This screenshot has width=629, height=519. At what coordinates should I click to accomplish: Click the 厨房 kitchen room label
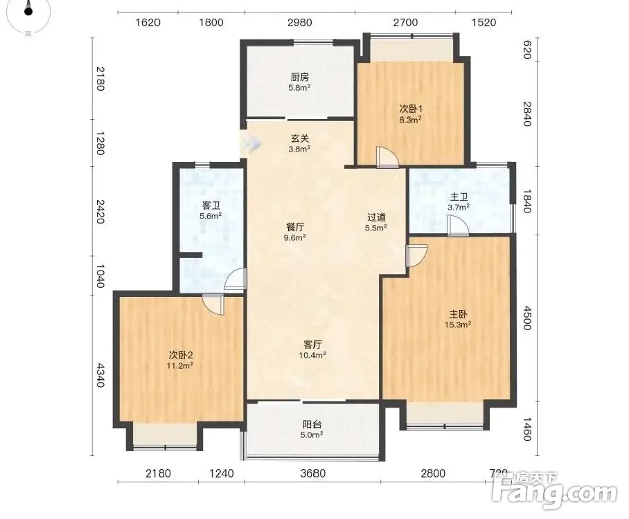point(300,77)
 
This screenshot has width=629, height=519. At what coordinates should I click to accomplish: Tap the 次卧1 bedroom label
point(410,109)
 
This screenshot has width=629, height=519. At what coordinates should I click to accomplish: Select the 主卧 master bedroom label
point(458,314)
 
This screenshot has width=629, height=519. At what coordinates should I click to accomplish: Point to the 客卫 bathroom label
point(211,206)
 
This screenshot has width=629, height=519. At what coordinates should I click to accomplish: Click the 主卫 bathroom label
point(459,197)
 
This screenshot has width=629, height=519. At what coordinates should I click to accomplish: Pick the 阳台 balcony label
point(312,424)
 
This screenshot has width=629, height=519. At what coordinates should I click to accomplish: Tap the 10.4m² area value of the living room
point(312,355)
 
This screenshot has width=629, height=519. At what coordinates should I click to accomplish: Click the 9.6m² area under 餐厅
point(295,237)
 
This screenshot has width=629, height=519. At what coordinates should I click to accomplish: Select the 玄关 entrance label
point(300,138)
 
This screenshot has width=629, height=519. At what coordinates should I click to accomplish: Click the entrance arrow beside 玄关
point(251,143)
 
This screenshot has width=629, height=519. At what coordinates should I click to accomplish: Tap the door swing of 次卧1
point(387,157)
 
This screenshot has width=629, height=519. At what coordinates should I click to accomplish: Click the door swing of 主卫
point(458,226)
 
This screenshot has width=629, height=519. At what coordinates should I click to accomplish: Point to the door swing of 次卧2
point(213,304)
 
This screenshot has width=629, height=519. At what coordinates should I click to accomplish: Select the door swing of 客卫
point(236,279)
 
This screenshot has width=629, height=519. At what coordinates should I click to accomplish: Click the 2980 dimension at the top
point(300,22)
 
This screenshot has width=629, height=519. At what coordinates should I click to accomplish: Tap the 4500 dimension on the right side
point(527,318)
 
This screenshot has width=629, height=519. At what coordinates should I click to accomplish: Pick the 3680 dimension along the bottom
point(313,474)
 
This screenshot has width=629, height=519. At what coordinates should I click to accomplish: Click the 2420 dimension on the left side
point(100,212)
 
